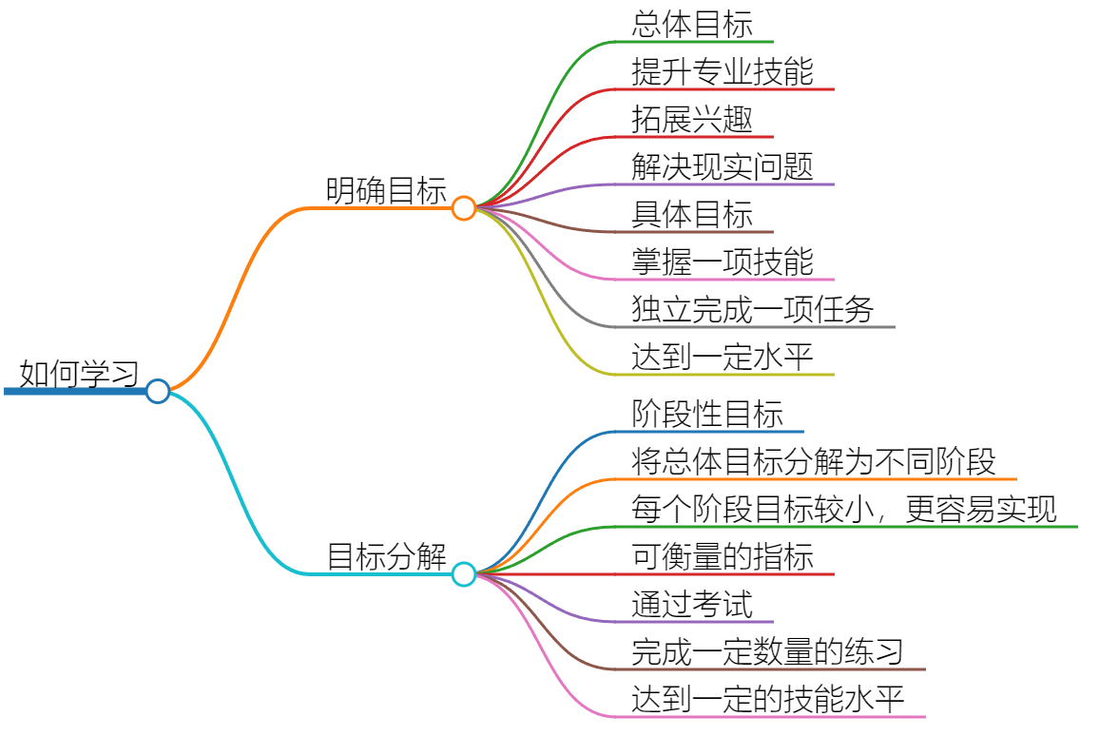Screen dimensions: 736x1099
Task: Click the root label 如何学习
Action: coord(79,374)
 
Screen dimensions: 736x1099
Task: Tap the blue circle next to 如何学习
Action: coord(158,391)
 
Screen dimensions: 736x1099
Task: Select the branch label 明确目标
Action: coord(386,191)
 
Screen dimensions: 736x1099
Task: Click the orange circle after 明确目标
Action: coord(463,208)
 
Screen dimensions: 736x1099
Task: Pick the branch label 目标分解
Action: coord(386,557)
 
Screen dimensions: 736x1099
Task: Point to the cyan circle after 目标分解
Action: coord(463,574)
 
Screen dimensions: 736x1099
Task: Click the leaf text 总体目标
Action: coord(692,25)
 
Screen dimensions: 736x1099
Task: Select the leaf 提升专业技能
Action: coord(723,72)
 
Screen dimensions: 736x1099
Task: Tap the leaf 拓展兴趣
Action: coord(692,120)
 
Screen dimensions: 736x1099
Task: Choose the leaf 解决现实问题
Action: coord(723,167)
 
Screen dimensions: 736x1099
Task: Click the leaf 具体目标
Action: coord(692,215)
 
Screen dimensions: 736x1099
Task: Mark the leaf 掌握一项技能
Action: coord(723,262)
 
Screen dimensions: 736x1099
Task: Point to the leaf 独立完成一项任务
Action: coord(753,310)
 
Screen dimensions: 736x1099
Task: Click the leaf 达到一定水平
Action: coord(723,358)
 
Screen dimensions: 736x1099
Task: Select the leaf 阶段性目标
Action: coord(707,415)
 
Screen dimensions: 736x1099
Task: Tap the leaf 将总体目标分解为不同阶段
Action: coord(814,462)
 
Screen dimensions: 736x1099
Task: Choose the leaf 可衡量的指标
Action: coord(723,557)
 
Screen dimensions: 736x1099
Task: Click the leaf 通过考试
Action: coord(692,605)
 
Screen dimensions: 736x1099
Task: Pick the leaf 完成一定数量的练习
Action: coord(767,652)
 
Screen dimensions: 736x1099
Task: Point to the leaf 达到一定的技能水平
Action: coord(767,700)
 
